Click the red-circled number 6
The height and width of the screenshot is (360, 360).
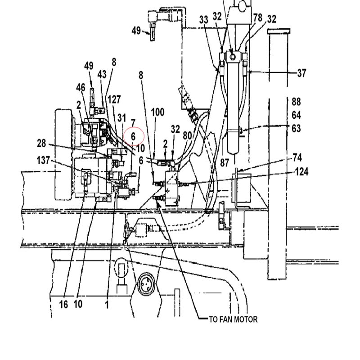(133, 137)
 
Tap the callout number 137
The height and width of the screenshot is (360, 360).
(43, 160)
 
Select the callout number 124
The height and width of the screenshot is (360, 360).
(301, 172)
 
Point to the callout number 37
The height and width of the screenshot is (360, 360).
(301, 73)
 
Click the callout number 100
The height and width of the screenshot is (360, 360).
(157, 112)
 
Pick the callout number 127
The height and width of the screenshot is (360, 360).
(114, 99)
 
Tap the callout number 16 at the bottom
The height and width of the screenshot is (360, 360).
(63, 305)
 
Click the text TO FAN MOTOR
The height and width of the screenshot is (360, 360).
(233, 319)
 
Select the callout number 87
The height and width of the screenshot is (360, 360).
(225, 163)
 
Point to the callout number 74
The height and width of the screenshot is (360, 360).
(297, 158)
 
